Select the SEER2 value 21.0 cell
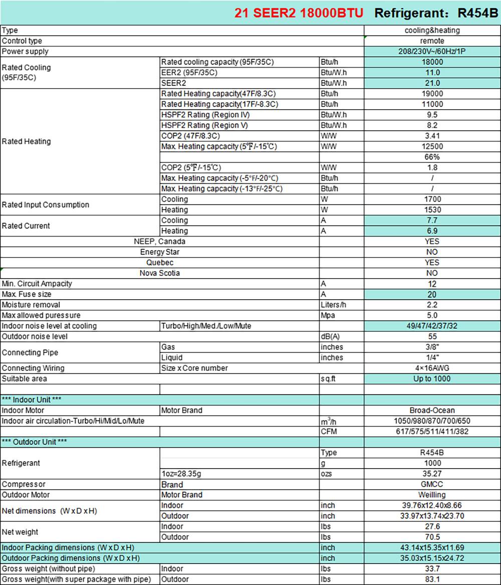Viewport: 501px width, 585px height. click(432, 83)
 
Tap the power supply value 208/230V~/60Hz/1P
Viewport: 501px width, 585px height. click(432, 52)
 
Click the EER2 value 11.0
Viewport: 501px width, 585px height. click(432, 73)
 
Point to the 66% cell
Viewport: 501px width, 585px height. click(432, 157)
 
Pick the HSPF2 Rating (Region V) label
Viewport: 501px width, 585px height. click(204, 125)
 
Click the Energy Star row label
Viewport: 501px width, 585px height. click(160, 252)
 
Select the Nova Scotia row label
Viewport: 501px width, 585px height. click(160, 273)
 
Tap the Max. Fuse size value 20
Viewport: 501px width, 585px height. click(432, 294)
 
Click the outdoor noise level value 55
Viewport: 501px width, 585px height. click(432, 336)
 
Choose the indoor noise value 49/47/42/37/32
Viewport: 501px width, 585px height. click(432, 326)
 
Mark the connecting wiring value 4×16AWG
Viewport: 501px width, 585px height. click(432, 368)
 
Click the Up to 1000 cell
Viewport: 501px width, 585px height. click(432, 378)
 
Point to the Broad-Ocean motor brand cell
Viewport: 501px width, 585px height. click(432, 410)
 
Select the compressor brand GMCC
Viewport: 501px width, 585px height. click(432, 484)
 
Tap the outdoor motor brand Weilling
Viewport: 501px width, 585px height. click(432, 495)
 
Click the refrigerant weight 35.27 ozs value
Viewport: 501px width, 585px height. click(432, 474)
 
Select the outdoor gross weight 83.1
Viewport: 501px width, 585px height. click(432, 579)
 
